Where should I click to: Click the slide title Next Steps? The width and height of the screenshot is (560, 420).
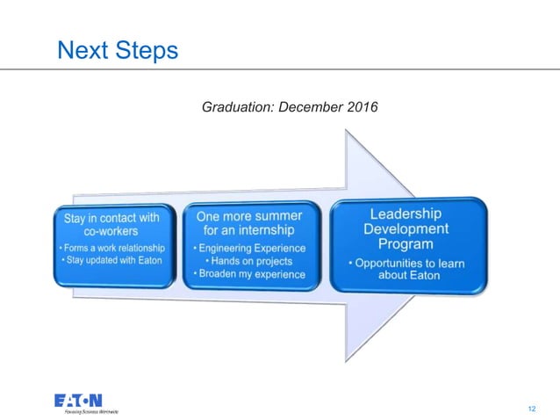117,49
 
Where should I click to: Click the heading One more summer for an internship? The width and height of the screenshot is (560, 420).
249,222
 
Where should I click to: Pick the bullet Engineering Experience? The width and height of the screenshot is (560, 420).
249,248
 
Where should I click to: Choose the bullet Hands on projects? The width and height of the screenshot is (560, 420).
249,261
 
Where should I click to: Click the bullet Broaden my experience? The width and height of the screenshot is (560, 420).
249,274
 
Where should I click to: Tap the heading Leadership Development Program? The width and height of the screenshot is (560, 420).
406,228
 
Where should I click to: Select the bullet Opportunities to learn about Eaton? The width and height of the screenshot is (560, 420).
406,269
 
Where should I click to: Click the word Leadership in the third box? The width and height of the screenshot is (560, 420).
406,214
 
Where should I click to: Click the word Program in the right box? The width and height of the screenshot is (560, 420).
406,243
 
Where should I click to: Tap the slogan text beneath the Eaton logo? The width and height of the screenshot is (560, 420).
86,410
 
